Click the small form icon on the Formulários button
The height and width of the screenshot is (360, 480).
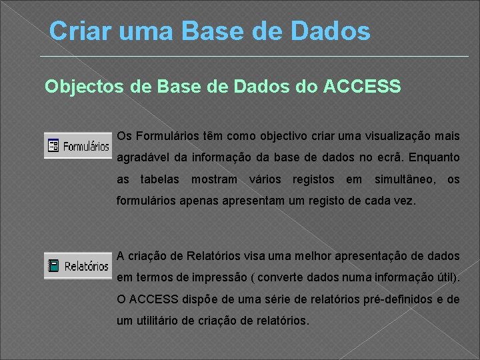tap(53, 145)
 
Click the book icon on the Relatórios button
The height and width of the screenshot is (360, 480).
tap(53, 266)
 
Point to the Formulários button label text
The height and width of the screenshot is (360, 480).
tap(86, 145)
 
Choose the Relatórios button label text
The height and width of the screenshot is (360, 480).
tap(87, 266)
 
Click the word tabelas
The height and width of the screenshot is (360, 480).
tap(160, 179)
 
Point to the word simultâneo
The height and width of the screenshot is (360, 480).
tap(405, 179)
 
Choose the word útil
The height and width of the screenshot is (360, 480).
tap(446, 278)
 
